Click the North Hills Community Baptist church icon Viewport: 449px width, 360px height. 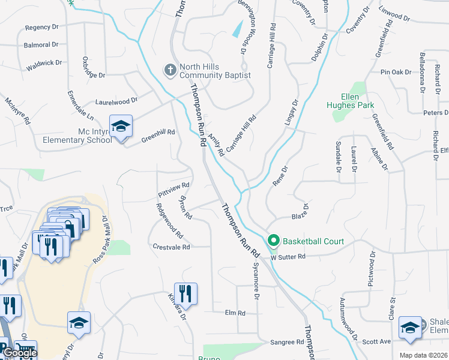pyautogui.click(x=170, y=70)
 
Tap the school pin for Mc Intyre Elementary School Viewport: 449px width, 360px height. pyautogui.click(x=121, y=127)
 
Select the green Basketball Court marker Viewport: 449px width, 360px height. pyautogui.click(x=274, y=241)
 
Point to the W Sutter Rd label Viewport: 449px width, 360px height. pyautogui.click(x=288, y=257)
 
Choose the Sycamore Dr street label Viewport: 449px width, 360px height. pyautogui.click(x=256, y=280)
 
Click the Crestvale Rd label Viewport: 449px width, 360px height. pyautogui.click(x=171, y=247)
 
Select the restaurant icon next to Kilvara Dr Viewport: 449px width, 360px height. pyautogui.click(x=185, y=293)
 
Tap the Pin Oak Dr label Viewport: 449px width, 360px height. pyautogui.click(x=396, y=72)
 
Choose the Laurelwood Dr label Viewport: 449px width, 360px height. pyautogui.click(x=116, y=101)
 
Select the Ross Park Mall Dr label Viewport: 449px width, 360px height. pyautogui.click(x=100, y=240)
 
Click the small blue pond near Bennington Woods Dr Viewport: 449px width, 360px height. pyautogui.click(x=238, y=28)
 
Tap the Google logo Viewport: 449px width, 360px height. pyautogui.click(x=20, y=353)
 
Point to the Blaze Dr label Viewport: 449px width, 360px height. pyautogui.click(x=300, y=212)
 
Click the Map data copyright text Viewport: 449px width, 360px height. pyautogui.click(x=423, y=355)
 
